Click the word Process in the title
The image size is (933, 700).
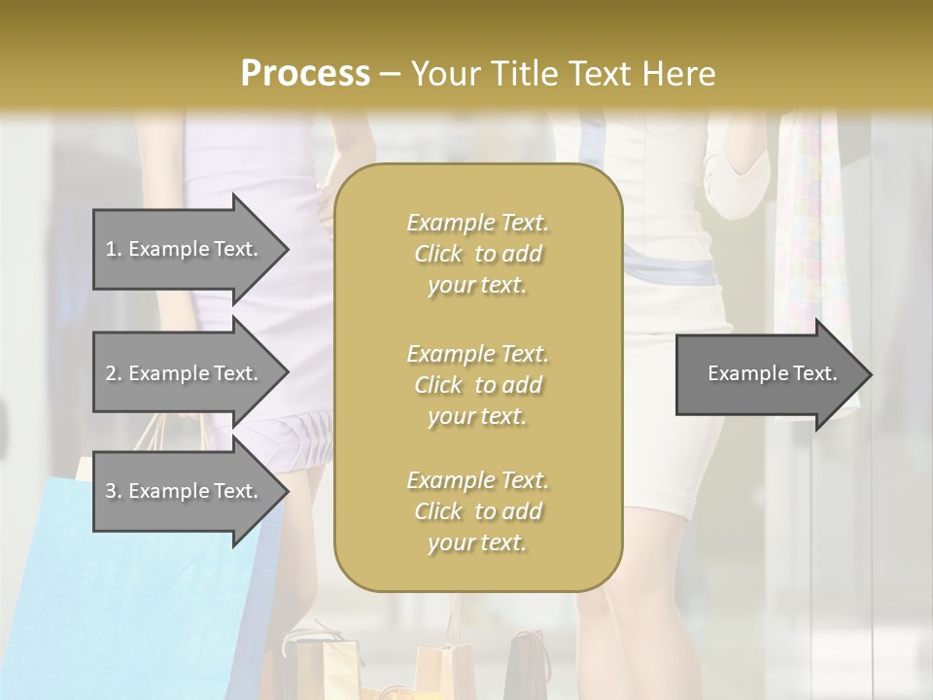305,74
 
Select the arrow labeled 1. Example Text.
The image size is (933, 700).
182,249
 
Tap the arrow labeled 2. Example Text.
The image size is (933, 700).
182,373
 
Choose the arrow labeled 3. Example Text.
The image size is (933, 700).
182,491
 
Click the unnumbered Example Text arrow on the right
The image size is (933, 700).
772,373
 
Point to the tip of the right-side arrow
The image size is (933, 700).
870,374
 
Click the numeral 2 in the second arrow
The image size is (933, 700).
110,373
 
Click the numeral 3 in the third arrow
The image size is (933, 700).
110,491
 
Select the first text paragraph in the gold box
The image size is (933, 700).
477,254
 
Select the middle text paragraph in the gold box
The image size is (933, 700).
477,385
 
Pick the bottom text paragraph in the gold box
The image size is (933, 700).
477,511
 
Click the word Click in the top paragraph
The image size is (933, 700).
438,254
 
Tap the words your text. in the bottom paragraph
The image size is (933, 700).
477,542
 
